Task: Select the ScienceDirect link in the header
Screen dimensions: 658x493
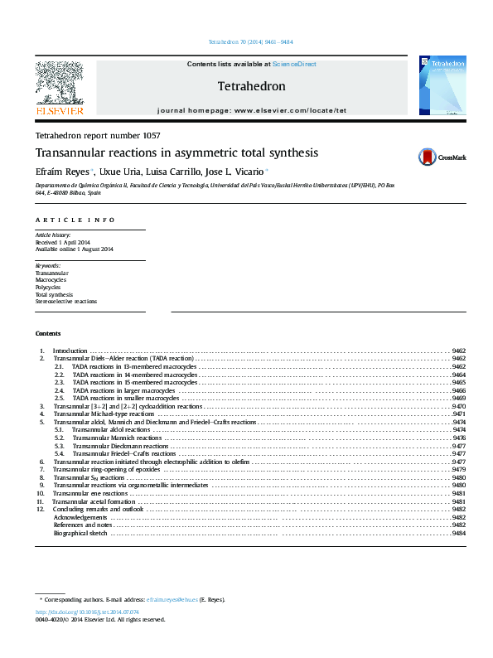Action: (x=294, y=64)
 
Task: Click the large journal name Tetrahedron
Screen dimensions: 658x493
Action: (x=251, y=86)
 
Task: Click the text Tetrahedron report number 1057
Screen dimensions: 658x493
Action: (x=98, y=135)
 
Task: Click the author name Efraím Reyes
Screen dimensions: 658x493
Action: (x=63, y=171)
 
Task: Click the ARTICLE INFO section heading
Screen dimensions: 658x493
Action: (x=75, y=220)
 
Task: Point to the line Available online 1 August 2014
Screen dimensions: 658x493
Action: (x=74, y=249)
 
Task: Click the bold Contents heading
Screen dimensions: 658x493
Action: (x=48, y=333)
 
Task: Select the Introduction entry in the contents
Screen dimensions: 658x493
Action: (x=70, y=351)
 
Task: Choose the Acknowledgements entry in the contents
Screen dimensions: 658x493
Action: (x=80, y=517)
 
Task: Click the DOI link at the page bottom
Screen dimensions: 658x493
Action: (x=87, y=612)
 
